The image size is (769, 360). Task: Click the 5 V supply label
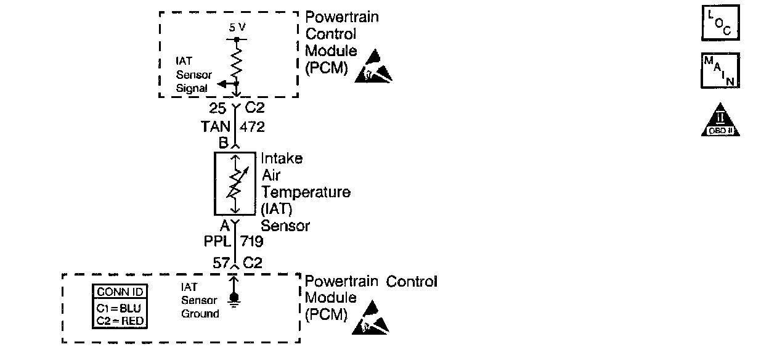(x=237, y=28)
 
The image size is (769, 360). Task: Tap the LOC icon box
(x=720, y=24)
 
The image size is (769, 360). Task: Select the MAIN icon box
(x=720, y=70)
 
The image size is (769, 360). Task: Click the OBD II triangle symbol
(x=720, y=120)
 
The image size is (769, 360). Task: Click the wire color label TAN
(x=215, y=127)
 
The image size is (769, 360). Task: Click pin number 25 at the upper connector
(x=217, y=109)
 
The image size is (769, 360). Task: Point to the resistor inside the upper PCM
(x=237, y=62)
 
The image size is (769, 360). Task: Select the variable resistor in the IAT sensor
(x=234, y=184)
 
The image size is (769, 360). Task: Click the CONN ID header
(x=121, y=292)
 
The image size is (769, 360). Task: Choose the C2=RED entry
(x=121, y=320)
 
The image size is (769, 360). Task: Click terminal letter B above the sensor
(x=222, y=143)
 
